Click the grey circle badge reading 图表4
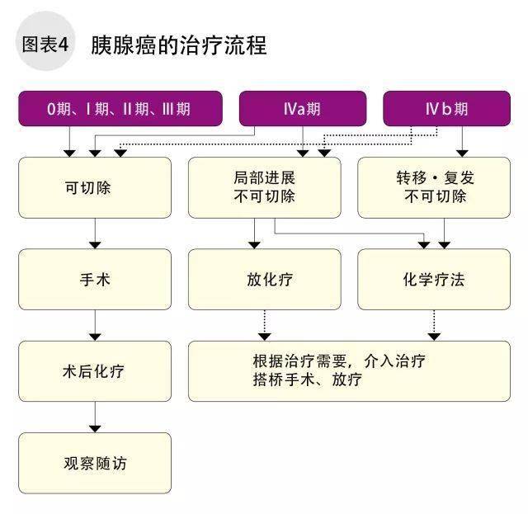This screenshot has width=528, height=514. (45, 41)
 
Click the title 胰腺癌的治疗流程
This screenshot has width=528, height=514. (179, 45)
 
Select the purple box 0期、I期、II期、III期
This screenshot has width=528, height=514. (120, 108)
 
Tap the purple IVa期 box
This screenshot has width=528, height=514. (303, 108)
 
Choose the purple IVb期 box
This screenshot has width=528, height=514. (446, 108)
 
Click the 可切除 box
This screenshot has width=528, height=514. (95, 187)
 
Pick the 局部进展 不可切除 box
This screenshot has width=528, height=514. (264, 187)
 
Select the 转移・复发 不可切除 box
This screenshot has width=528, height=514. (434, 187)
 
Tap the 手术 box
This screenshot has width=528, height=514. (95, 279)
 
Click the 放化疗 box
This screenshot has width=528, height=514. (264, 279)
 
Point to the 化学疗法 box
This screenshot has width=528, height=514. (434, 279)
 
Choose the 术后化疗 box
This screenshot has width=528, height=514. (95, 371)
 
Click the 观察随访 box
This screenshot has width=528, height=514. (95, 463)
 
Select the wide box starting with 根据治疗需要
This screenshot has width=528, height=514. (349, 371)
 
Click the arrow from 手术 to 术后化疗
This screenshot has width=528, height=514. (95, 325)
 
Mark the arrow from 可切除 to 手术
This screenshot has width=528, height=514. (95, 233)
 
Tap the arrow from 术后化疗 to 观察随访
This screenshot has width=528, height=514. (95, 417)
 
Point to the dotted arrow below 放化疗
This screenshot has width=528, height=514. (265, 325)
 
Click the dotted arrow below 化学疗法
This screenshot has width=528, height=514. (434, 325)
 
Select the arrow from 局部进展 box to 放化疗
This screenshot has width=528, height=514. (254, 233)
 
